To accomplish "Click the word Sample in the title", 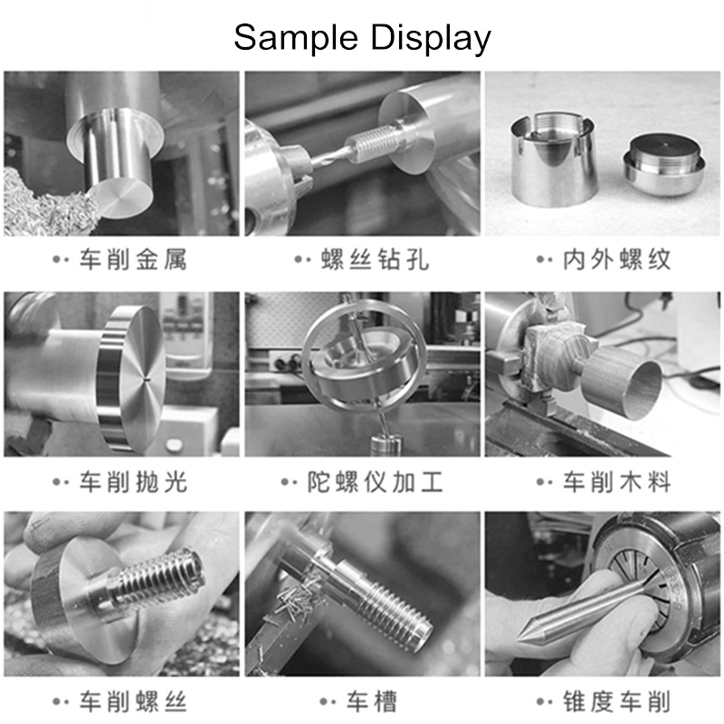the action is (x=296, y=39).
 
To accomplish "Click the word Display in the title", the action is (x=431, y=39).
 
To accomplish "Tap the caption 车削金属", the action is (x=133, y=259).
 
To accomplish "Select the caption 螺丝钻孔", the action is (x=375, y=259).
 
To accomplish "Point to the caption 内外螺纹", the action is (x=616, y=259).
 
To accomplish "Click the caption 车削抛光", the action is (x=133, y=481).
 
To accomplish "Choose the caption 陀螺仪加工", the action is (x=375, y=481).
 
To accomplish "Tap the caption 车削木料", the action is (x=616, y=481).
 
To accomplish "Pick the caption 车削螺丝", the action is (x=133, y=702).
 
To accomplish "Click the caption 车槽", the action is (x=372, y=702).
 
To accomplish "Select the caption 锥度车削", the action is (x=616, y=702).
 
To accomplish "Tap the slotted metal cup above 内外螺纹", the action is (x=552, y=159).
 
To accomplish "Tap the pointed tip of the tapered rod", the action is (x=519, y=639).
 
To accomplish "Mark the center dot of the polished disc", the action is (x=145, y=380).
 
